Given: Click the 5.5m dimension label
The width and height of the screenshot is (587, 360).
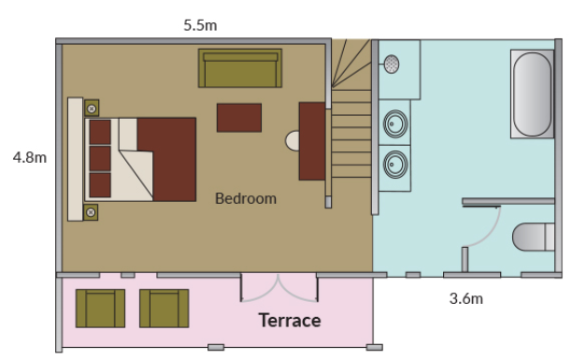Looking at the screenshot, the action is (200, 25).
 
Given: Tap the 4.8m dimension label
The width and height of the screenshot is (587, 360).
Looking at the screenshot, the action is (30, 157).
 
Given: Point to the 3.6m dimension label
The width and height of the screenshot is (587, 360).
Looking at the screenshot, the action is (466, 298).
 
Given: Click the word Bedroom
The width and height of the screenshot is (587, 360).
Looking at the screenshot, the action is (246, 198).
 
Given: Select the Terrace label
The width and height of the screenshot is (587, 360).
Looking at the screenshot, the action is (290, 321).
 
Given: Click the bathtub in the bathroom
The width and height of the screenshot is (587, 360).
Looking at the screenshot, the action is (532, 94).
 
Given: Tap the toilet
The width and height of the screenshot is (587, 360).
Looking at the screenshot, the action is (533, 237).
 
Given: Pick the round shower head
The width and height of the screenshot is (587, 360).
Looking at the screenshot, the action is (392, 65).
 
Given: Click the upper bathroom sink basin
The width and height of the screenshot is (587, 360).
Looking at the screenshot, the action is (395, 123).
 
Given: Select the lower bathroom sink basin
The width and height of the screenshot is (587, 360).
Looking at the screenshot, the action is (395, 164).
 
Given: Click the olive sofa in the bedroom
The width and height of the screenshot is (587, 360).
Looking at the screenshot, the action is (240, 68).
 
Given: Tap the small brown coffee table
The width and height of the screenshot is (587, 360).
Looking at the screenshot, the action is (239, 118).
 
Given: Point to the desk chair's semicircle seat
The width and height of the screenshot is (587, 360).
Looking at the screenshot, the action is (293, 141).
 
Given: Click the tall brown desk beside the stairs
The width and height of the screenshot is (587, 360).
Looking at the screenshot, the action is (312, 141).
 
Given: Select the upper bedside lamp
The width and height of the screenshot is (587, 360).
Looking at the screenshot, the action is (92, 108).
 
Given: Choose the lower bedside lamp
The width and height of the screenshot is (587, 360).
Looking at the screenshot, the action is (91, 212).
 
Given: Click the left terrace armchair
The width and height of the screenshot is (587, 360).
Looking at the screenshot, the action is (100, 309).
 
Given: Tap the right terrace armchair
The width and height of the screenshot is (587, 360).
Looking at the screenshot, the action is (164, 309).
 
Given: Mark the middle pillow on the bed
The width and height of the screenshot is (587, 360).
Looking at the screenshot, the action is (100, 158).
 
